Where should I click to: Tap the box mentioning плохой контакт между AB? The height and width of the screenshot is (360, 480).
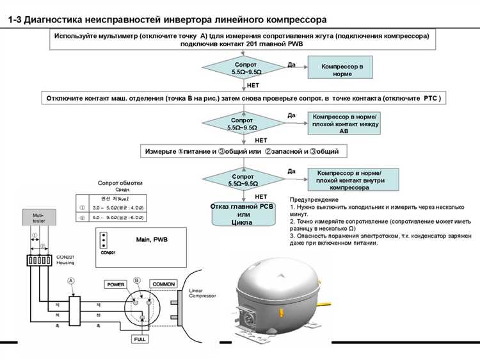coord(346,123)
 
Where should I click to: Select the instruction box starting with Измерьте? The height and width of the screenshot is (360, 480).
coord(246,151)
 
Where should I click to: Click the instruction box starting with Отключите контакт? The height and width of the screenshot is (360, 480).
coord(245,98)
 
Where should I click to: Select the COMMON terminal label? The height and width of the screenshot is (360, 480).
coord(164,284)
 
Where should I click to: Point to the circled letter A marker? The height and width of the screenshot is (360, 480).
coord(70,280)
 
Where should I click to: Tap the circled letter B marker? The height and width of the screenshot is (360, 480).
coord(137,280)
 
